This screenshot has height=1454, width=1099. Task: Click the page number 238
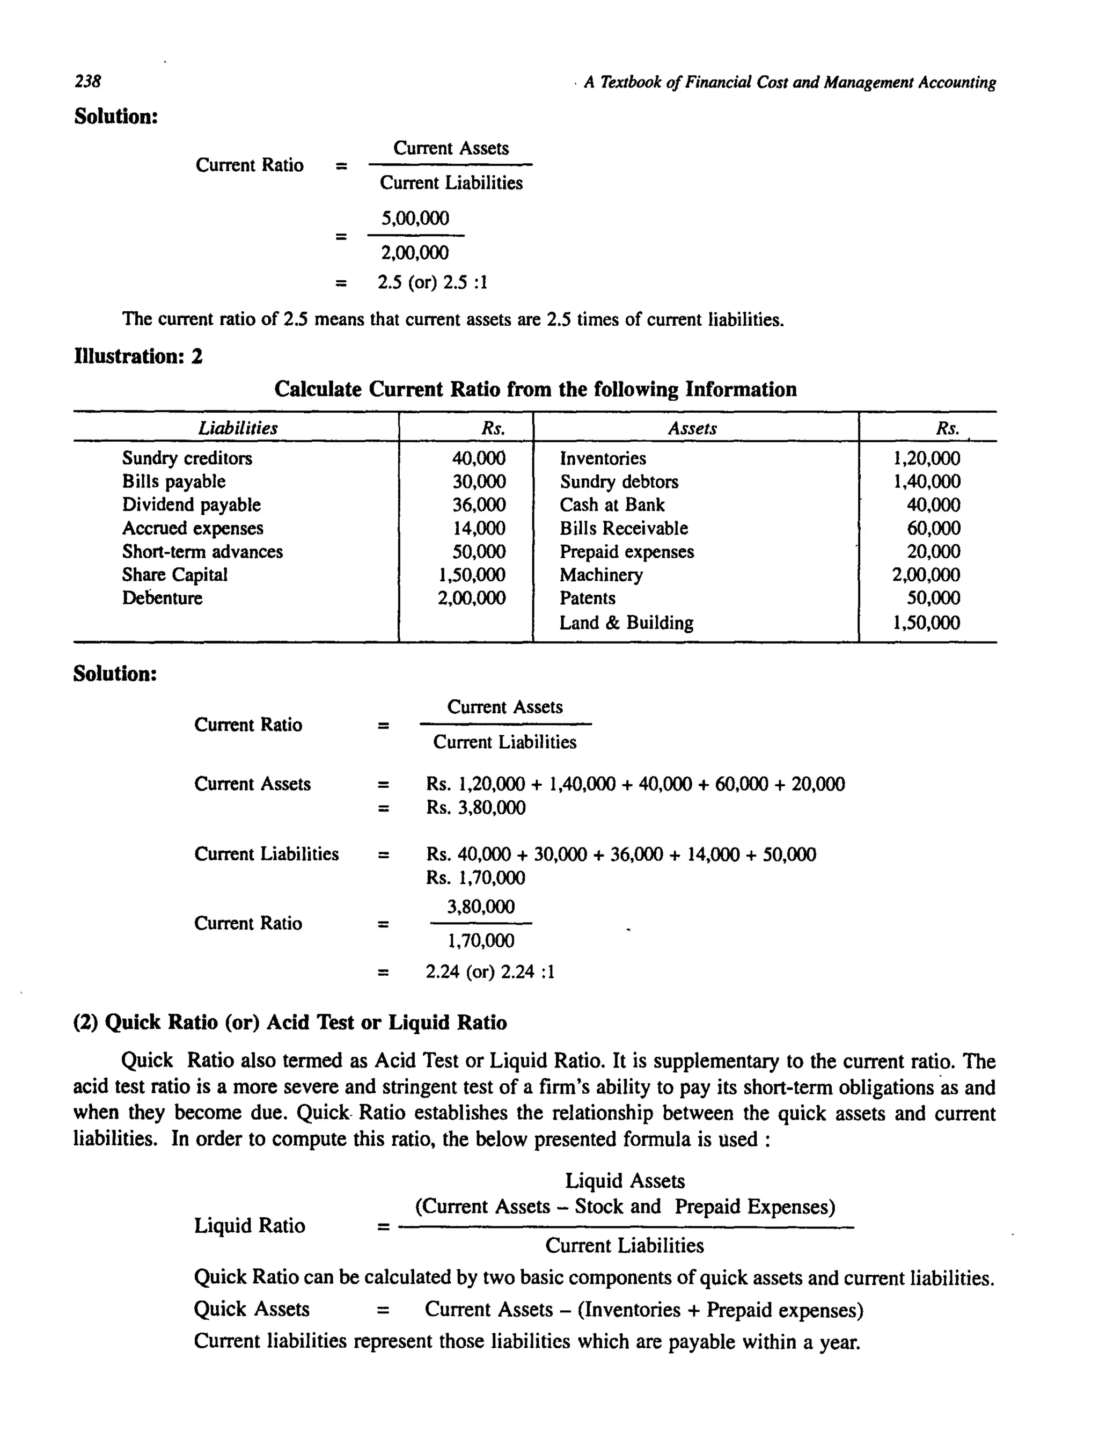coord(87,82)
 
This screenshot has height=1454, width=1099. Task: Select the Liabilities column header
coord(238,428)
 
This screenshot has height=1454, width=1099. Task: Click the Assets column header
coord(692,428)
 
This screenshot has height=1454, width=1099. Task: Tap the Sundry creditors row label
coord(187,458)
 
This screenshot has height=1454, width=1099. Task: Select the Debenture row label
coord(163,598)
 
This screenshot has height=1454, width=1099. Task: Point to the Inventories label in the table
coord(603,458)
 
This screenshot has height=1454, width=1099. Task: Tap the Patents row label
coord(588,598)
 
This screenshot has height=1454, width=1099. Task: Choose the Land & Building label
coord(626,623)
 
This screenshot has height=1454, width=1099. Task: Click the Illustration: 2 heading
coord(138,356)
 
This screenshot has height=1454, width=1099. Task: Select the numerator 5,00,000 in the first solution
coord(415,218)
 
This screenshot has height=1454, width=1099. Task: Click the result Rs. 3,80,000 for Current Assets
coord(476,807)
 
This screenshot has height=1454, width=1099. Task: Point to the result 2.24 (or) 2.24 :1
coord(490,971)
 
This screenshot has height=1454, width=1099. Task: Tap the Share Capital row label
coord(175,575)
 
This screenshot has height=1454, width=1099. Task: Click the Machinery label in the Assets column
coord(601,575)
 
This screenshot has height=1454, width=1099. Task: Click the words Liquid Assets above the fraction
coord(625,1181)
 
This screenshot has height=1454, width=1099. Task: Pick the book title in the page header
coord(789,82)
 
